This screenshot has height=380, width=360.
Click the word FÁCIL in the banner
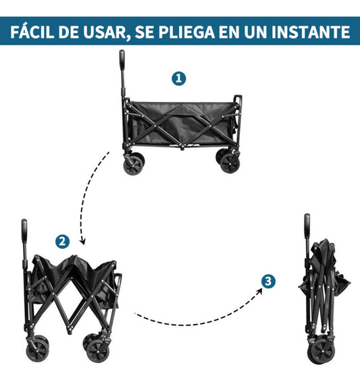point(32,31)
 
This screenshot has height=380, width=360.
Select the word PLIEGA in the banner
point(187,32)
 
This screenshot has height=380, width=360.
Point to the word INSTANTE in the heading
point(311,32)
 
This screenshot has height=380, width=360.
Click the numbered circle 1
point(179,78)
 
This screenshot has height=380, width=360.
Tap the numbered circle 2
point(62,242)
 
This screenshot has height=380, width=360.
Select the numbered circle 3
point(268,281)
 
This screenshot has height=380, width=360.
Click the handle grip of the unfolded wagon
point(122,60)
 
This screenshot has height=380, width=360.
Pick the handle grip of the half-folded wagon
point(24,231)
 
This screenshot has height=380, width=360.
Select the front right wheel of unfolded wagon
point(230,163)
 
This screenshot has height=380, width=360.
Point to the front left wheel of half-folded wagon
point(37,351)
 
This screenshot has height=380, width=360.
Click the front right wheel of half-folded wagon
point(98,352)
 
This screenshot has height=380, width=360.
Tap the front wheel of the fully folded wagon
point(321,351)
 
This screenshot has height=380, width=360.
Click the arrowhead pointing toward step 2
point(82,242)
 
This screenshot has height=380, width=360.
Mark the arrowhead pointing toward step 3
point(259,291)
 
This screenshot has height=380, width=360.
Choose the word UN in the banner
point(255,32)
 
